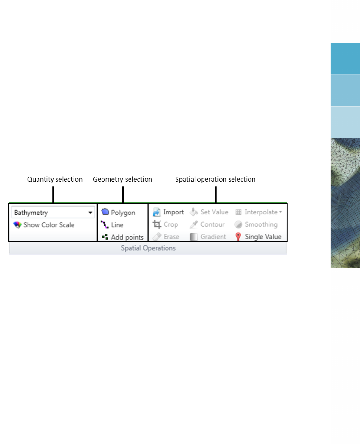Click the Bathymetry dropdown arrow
[x=90, y=213]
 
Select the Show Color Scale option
[x=44, y=225]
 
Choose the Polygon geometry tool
[x=118, y=213]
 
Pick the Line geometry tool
[x=112, y=225]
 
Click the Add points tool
[x=123, y=237]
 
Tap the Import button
[x=168, y=212]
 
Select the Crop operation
[x=165, y=224]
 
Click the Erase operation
[x=166, y=237]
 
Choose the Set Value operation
[x=209, y=212]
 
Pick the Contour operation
[x=207, y=224]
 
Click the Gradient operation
[x=208, y=237]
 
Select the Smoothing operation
[x=256, y=224]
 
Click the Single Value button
[x=258, y=237]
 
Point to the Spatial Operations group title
[x=148, y=248]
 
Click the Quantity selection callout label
[x=55, y=179]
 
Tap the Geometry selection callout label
[x=122, y=179]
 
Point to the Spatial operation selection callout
[x=215, y=179]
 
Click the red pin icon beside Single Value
[x=238, y=236]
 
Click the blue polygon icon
[x=105, y=211]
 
